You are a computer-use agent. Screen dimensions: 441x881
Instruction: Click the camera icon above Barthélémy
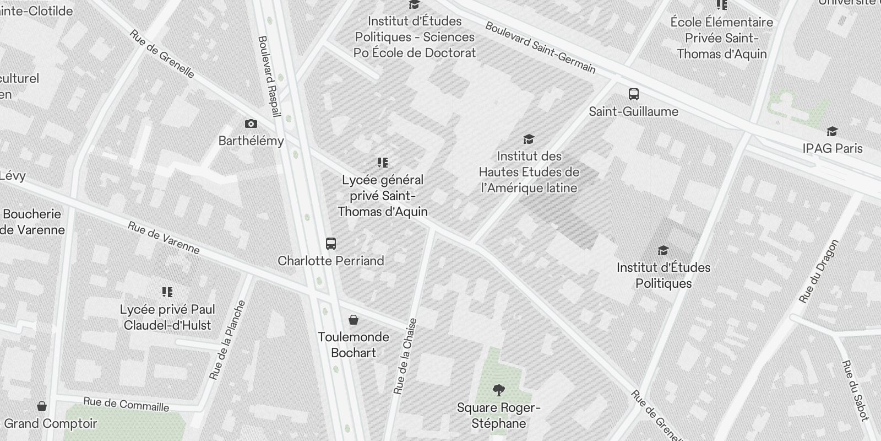[251, 124]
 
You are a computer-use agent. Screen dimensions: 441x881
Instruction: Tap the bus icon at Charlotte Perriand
[331, 243]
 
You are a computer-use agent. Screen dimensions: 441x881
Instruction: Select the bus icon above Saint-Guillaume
[634, 94]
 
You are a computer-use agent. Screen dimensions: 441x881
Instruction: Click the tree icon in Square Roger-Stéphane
[499, 391]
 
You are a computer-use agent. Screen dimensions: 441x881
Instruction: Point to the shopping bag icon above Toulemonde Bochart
[354, 320]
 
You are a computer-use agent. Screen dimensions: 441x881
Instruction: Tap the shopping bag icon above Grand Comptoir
[42, 407]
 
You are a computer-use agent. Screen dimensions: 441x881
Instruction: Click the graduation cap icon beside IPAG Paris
[832, 132]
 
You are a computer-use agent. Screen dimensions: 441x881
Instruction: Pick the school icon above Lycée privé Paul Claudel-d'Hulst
[167, 292]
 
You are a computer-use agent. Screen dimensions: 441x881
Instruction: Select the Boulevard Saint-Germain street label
[540, 48]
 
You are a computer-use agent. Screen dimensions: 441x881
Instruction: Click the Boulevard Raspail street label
[269, 77]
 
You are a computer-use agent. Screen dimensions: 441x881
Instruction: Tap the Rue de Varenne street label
[164, 238]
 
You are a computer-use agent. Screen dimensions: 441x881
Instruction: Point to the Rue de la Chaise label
[405, 356]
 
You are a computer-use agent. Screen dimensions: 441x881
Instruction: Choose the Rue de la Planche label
[227, 340]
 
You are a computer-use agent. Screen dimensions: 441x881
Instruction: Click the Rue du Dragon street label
[819, 271]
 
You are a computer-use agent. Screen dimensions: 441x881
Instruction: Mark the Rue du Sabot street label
[855, 390]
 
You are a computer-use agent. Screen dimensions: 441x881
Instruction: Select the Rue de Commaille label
[126, 404]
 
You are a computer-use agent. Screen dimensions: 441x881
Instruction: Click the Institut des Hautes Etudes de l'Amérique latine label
[529, 172]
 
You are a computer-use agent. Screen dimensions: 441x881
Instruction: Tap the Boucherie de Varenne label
[32, 222]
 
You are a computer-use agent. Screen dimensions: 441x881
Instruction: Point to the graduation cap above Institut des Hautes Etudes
[529, 139]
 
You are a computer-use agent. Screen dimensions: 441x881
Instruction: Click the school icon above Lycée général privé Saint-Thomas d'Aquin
[383, 163]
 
